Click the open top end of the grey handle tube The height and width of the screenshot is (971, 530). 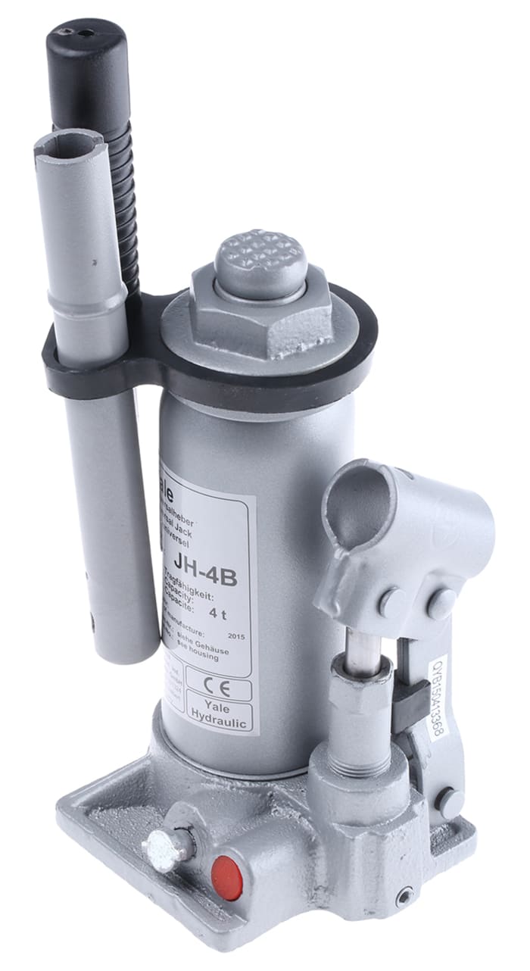click(x=68, y=141)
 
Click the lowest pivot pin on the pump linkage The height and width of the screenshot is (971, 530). click(x=449, y=799)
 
